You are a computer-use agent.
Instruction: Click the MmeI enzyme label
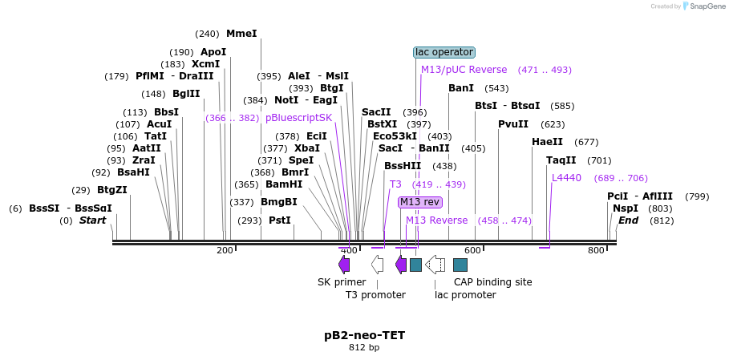click(x=241, y=34)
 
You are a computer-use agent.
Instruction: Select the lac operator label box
click(x=444, y=52)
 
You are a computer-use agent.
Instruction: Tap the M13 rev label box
click(x=420, y=202)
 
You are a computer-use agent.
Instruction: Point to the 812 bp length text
click(x=364, y=348)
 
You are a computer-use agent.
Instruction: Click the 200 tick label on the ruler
click(x=225, y=251)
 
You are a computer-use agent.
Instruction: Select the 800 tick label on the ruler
click(x=596, y=251)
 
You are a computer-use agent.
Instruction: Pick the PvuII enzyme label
click(x=513, y=124)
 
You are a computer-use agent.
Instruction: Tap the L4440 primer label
click(x=566, y=178)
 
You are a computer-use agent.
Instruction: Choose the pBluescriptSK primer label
click(x=298, y=118)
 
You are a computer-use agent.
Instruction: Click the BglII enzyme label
click(x=186, y=93)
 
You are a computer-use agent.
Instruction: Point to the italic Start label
click(x=92, y=220)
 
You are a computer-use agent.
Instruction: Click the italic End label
click(x=628, y=220)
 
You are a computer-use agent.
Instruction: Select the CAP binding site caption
click(x=492, y=282)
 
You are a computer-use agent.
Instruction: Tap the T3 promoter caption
click(x=375, y=295)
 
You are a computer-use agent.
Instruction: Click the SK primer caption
click(x=342, y=282)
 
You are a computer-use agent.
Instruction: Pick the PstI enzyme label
click(x=279, y=220)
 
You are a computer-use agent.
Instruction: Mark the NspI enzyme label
click(x=626, y=208)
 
